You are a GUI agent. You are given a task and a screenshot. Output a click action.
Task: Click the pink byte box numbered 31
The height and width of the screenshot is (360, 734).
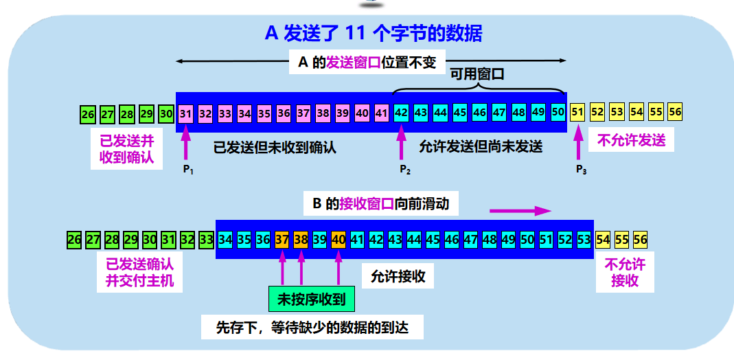pos(185,113)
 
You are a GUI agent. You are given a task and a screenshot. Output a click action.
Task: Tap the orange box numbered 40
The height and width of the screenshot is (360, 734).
pos(339,240)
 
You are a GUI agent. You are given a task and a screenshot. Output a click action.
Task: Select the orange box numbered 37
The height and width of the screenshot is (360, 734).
pos(282,240)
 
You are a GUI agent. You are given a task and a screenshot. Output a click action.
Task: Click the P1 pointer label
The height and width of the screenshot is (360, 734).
pos(187,170)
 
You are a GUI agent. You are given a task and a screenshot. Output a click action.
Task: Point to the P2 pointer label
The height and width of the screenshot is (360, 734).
pos(404,170)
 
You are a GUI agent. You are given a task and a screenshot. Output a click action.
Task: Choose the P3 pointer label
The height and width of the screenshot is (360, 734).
pos(581,170)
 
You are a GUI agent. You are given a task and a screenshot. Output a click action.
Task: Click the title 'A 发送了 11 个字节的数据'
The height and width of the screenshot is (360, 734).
pos(374,33)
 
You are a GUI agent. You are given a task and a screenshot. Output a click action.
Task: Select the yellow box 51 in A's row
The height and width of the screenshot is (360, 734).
pos(577,113)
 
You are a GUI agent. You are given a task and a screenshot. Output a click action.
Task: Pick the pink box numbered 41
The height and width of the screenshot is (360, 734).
pos(382,113)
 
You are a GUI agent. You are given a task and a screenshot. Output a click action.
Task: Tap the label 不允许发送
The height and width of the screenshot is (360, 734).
pos(631,140)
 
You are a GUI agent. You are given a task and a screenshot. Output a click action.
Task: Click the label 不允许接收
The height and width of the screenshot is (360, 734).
pos(624,272)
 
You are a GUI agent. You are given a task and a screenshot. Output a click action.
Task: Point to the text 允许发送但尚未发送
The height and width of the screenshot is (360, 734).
pos(481,146)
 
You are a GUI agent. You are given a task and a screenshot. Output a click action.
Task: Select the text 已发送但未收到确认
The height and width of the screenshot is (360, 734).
pos(275,146)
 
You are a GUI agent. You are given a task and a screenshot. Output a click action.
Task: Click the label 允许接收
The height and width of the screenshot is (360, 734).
pos(398,276)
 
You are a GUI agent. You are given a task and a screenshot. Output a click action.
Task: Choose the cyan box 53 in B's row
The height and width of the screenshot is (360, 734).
pos(584,240)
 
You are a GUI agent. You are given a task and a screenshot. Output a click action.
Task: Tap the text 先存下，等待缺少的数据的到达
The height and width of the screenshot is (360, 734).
pos(312,326)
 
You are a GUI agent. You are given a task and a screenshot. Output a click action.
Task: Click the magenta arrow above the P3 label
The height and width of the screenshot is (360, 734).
pos(578,144)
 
